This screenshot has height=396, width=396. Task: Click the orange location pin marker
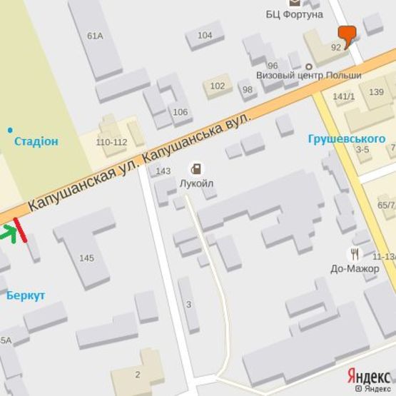point(347,34)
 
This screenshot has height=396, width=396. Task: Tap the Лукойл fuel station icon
point(196,168)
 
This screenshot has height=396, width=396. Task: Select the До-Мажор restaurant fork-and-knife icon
point(355,253)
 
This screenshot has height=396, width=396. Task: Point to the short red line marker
point(19,229)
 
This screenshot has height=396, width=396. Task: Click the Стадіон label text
point(36,141)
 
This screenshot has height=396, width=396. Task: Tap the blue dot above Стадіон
point(10,130)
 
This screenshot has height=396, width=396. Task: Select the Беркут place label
point(26,295)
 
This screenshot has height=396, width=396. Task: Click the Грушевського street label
point(347,138)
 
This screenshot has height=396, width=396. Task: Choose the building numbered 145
point(86,258)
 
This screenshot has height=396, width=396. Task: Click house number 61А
point(95,36)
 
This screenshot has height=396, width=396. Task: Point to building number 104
point(205,35)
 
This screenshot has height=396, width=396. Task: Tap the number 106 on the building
point(181,112)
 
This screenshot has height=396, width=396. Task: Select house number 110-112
point(111,142)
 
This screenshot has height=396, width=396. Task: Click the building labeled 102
point(218,86)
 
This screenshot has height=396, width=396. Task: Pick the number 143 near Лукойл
point(163,171)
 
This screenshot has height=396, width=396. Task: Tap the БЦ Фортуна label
point(295,14)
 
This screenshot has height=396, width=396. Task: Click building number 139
point(376,91)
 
